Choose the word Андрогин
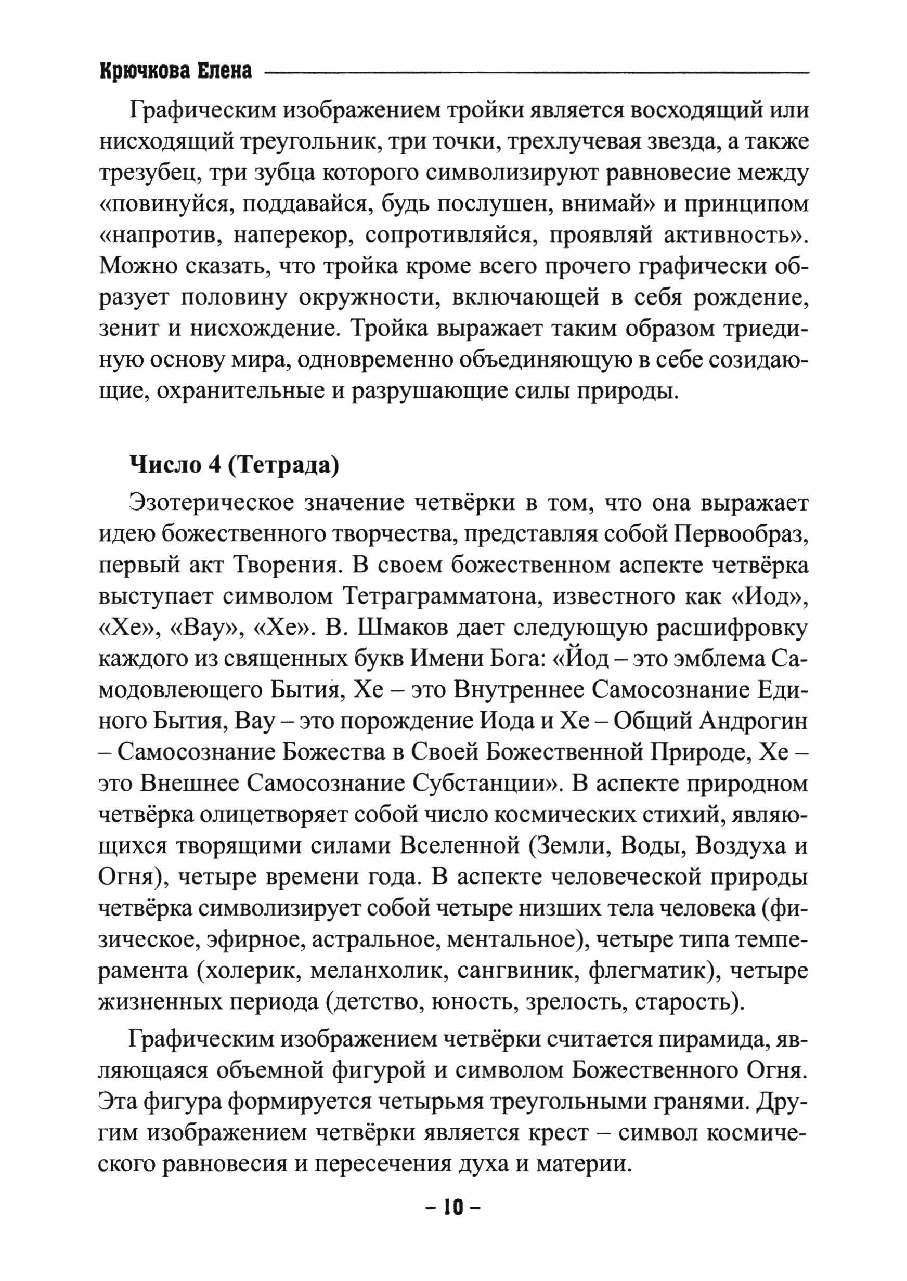(x=754, y=722)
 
